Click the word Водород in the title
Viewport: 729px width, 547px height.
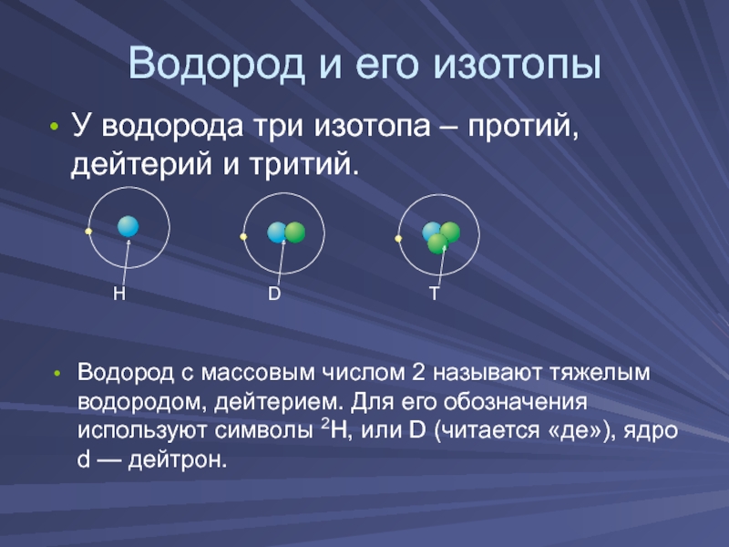(x=216, y=63)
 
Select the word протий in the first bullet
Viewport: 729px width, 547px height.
(x=522, y=127)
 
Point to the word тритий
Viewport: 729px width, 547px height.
(x=303, y=164)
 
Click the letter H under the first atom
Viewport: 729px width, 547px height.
(x=119, y=294)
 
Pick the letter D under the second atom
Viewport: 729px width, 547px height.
(x=274, y=294)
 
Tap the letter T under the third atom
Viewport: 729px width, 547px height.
(x=435, y=294)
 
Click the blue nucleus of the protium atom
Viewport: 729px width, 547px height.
(x=128, y=226)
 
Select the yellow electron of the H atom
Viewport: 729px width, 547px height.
(x=88, y=232)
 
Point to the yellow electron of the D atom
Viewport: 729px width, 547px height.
(x=243, y=237)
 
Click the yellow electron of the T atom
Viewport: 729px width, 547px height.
(x=398, y=239)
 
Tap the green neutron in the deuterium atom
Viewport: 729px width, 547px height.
(x=295, y=232)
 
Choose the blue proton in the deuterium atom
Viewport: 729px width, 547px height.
(x=276, y=232)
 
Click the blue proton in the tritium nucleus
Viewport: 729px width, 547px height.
(x=430, y=231)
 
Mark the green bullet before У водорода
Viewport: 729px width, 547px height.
(x=55, y=127)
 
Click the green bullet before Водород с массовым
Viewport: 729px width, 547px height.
(x=56, y=374)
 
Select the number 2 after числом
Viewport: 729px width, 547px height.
(x=418, y=373)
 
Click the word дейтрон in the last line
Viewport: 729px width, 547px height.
(x=178, y=460)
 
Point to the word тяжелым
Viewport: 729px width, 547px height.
(x=600, y=373)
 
